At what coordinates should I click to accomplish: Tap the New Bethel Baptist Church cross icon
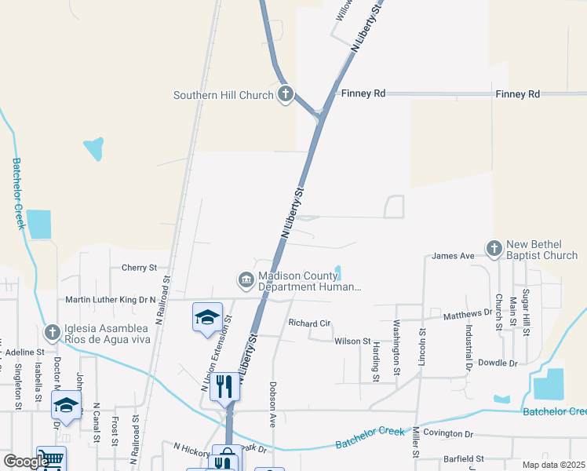pos(494,249)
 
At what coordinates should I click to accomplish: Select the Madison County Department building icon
pos(246,279)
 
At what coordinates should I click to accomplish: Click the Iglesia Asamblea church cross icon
pos(53,333)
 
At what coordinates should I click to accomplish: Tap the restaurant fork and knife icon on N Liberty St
pos(225,385)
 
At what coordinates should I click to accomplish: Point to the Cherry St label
pos(139,268)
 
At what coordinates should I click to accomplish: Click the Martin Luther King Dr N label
pos(111,299)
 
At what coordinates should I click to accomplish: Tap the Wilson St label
pos(352,341)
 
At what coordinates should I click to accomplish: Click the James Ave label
pos(453,256)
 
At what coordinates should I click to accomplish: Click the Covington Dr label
pos(448,433)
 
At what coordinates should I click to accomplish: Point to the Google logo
pos(25,461)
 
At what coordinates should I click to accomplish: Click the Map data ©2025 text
pos(553,465)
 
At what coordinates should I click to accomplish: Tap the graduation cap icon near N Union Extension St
pos(207,316)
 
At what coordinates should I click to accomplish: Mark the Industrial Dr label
pos(468,349)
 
